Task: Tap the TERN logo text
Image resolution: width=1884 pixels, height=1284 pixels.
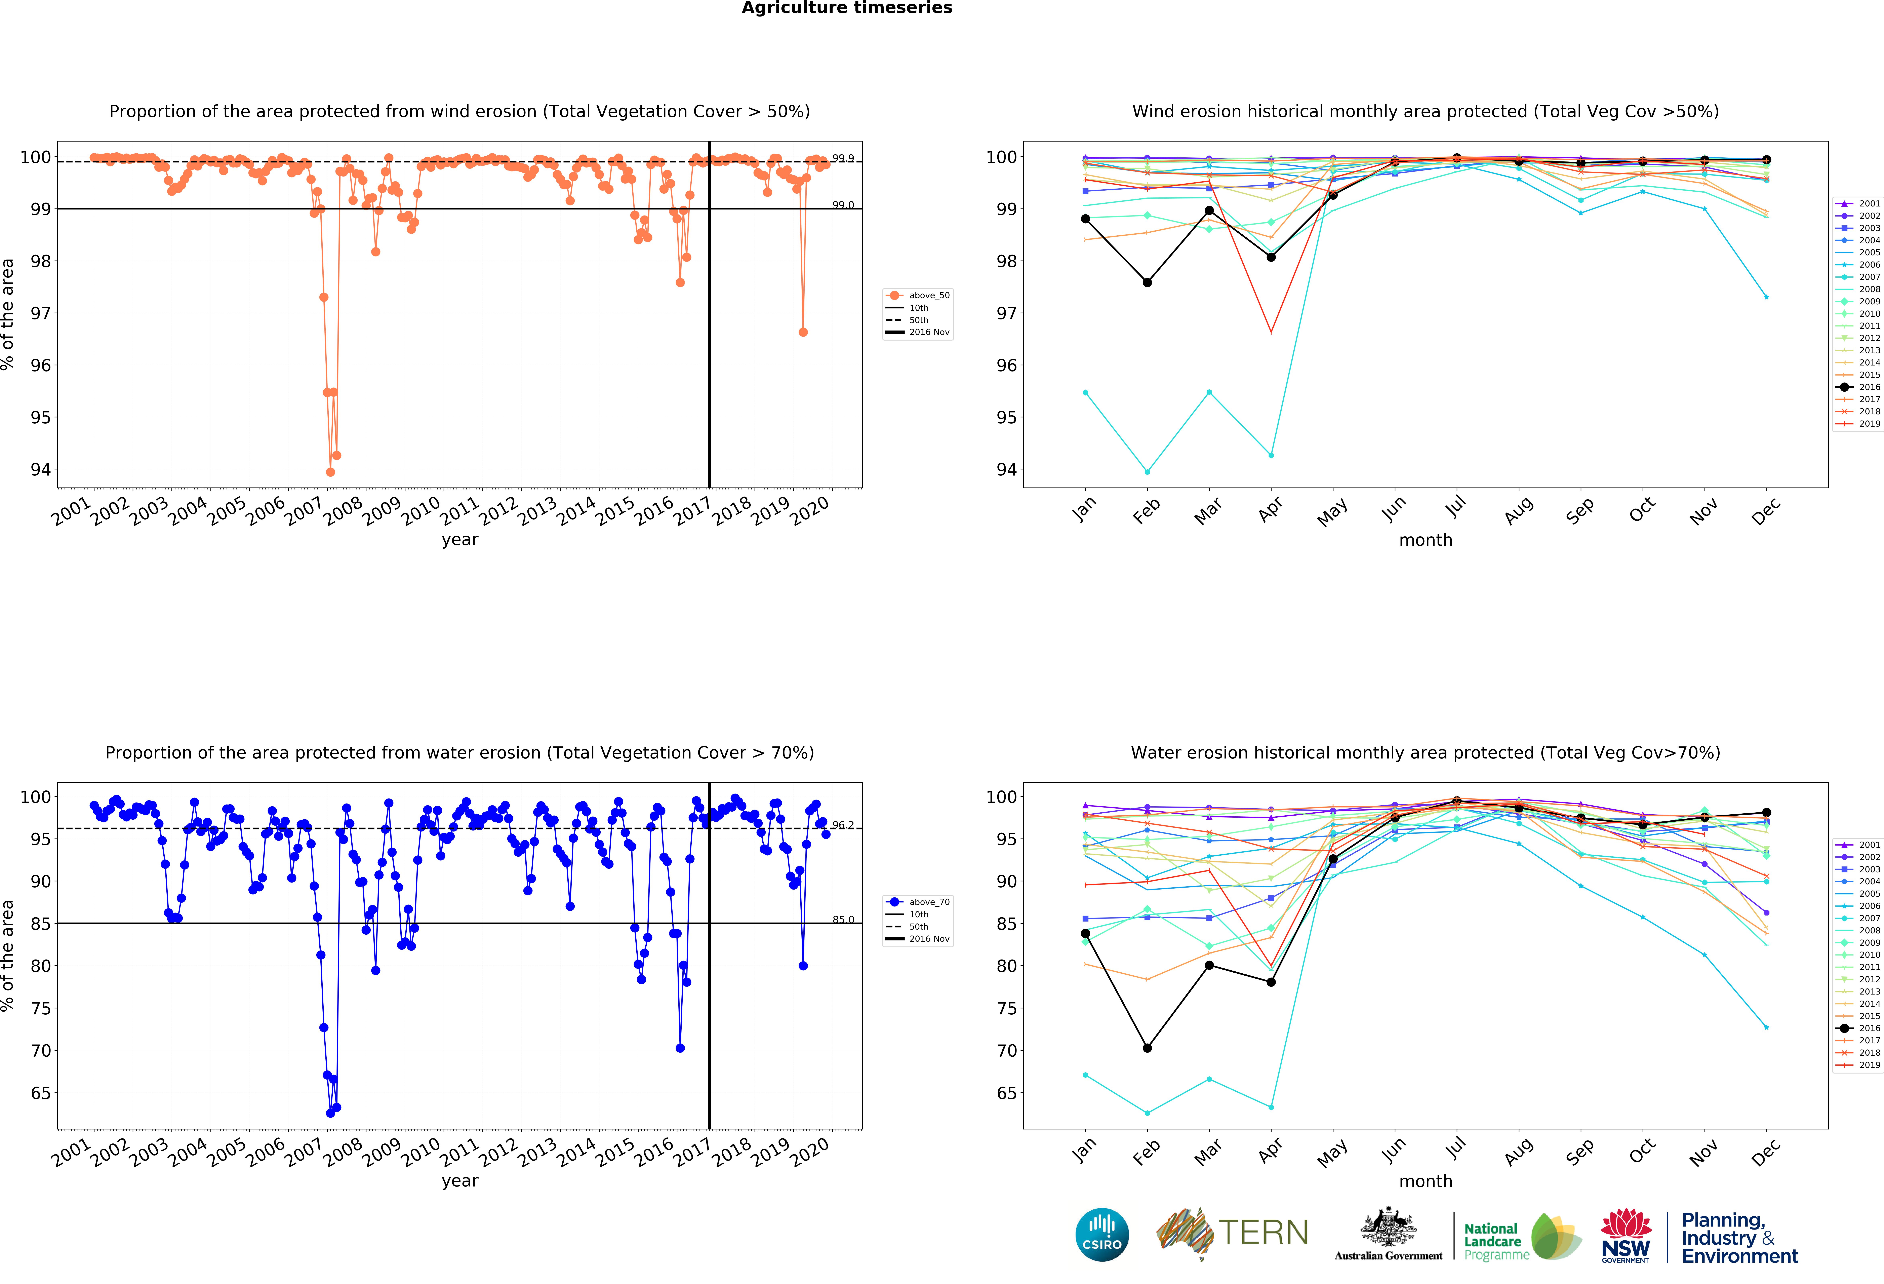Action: coord(1263,1233)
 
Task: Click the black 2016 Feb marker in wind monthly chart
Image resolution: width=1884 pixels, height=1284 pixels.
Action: coord(1147,282)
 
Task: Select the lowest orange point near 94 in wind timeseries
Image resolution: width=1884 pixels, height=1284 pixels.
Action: coord(330,472)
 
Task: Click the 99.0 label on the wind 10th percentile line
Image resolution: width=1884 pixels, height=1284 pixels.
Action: coord(842,205)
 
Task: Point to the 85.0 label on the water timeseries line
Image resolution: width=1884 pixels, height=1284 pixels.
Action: coord(842,919)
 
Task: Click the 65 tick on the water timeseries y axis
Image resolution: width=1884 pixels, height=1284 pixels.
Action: coord(41,1093)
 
